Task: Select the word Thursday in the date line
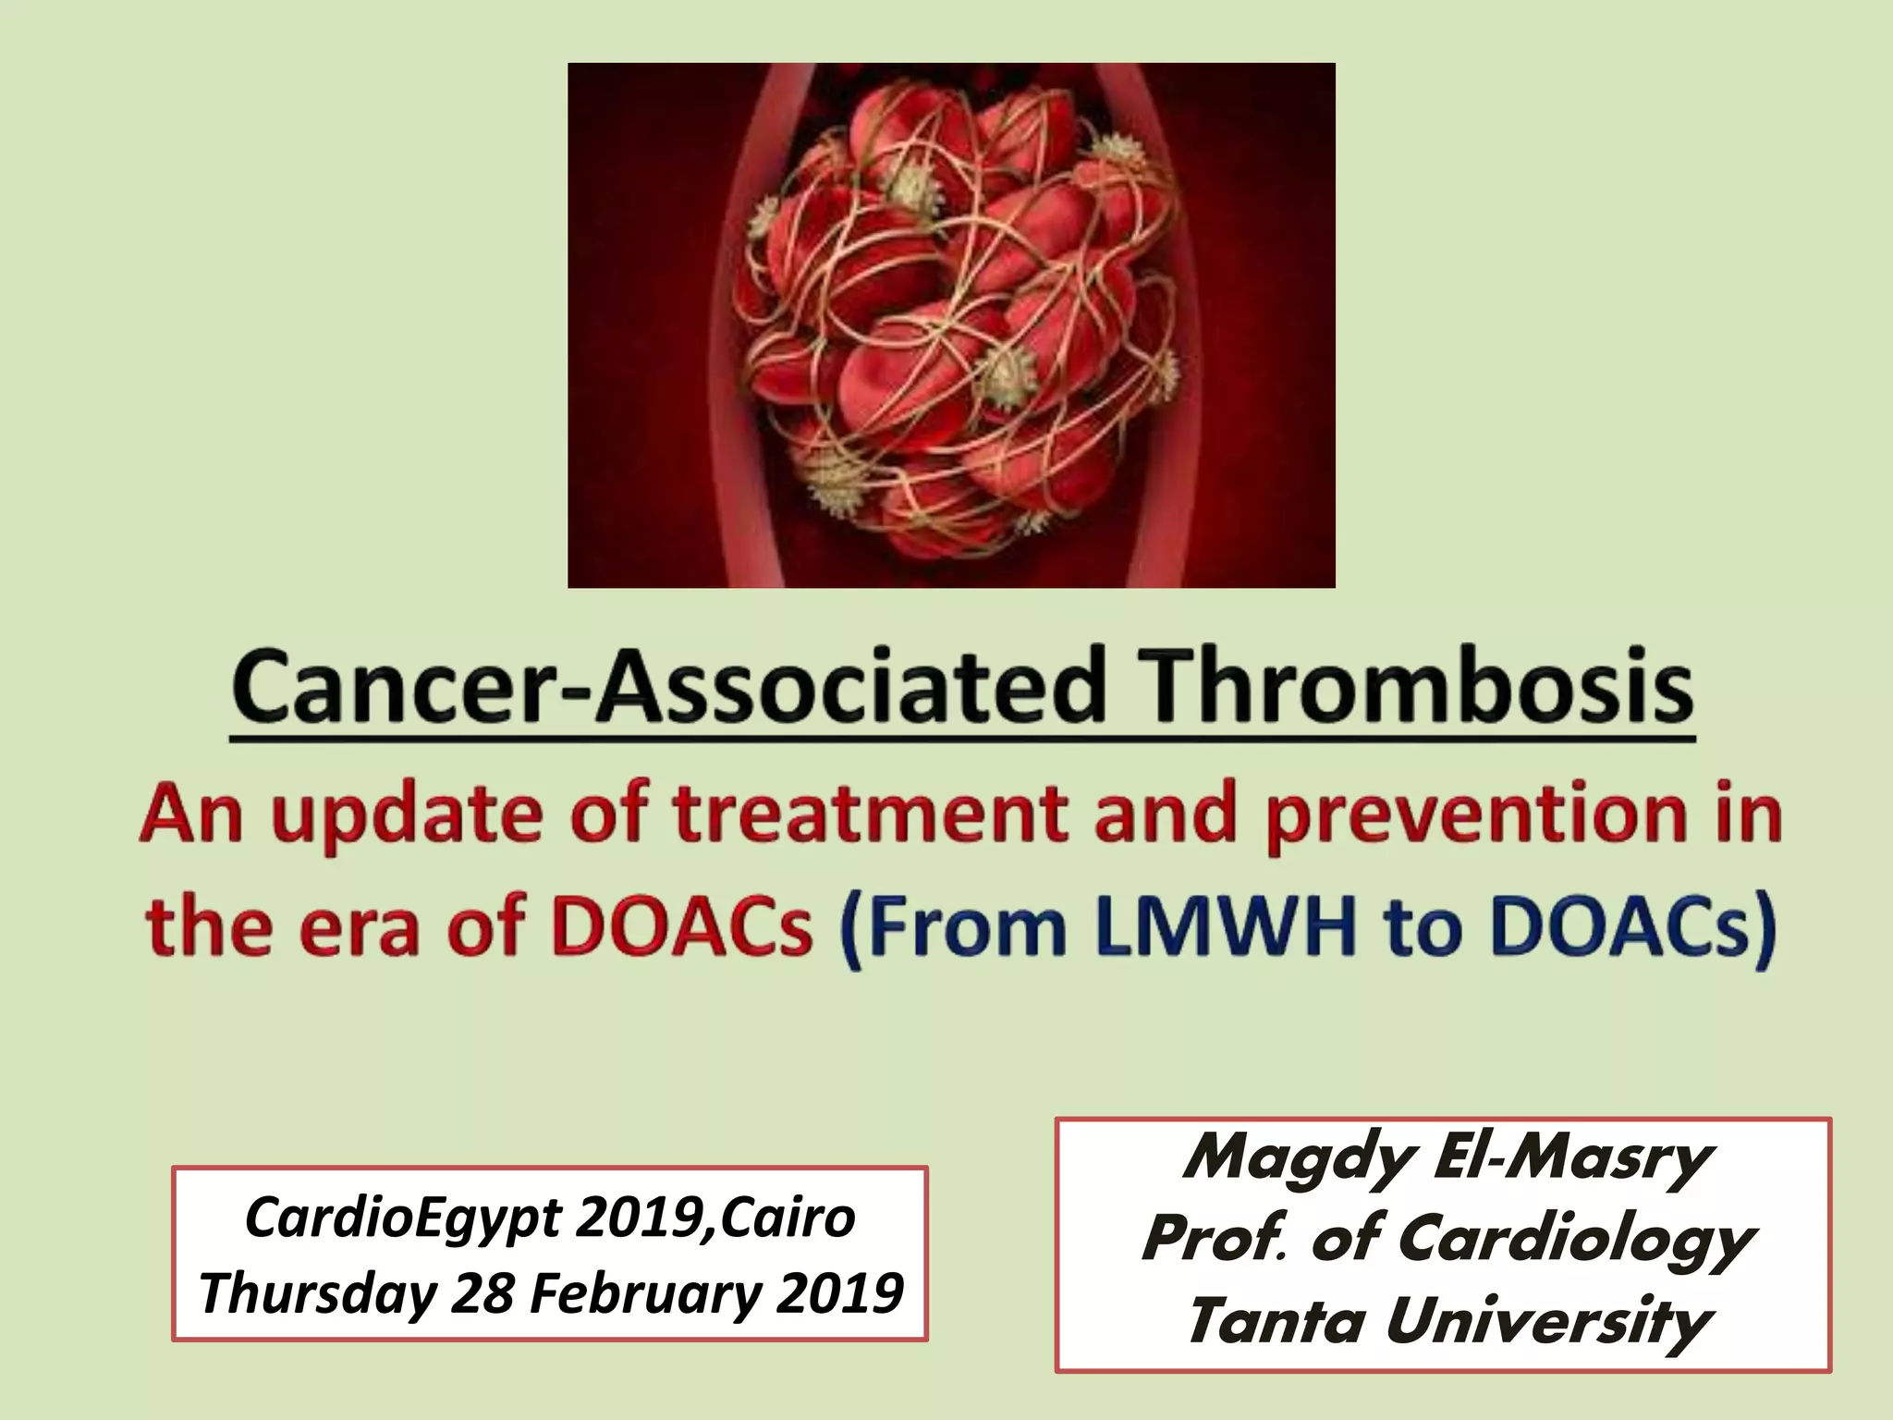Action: tap(317, 1293)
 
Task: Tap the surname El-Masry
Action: tap(1571, 1157)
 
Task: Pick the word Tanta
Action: tap(1276, 1320)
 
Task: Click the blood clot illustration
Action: tap(951, 324)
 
